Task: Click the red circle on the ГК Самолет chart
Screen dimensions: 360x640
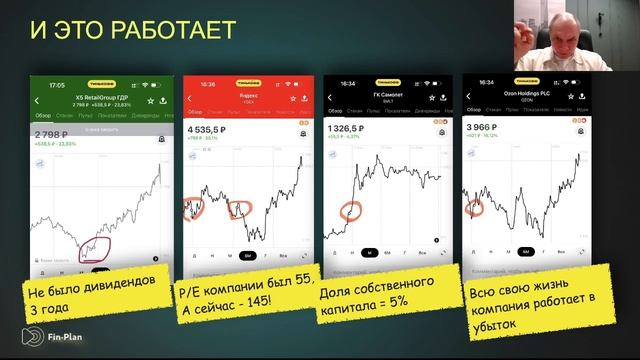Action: (351, 212)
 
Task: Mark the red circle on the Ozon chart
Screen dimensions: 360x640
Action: (475, 208)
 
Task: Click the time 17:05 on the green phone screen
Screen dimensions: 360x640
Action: (57, 86)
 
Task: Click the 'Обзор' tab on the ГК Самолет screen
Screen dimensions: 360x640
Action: (336, 111)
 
